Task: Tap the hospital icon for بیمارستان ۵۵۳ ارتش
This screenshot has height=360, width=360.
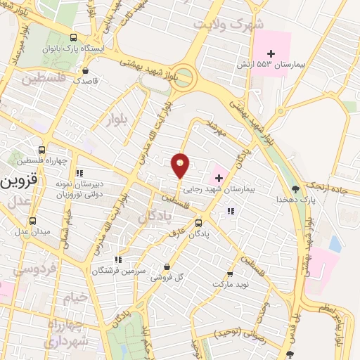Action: [271, 54]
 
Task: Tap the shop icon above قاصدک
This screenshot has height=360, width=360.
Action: [86, 70]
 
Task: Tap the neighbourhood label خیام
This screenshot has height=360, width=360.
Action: [77, 297]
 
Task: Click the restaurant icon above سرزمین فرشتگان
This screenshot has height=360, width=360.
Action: [118, 259]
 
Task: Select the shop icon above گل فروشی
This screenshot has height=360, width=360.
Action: [167, 266]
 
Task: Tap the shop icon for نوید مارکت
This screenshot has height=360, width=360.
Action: [230, 274]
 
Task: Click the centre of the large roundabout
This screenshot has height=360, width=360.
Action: [183, 75]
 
